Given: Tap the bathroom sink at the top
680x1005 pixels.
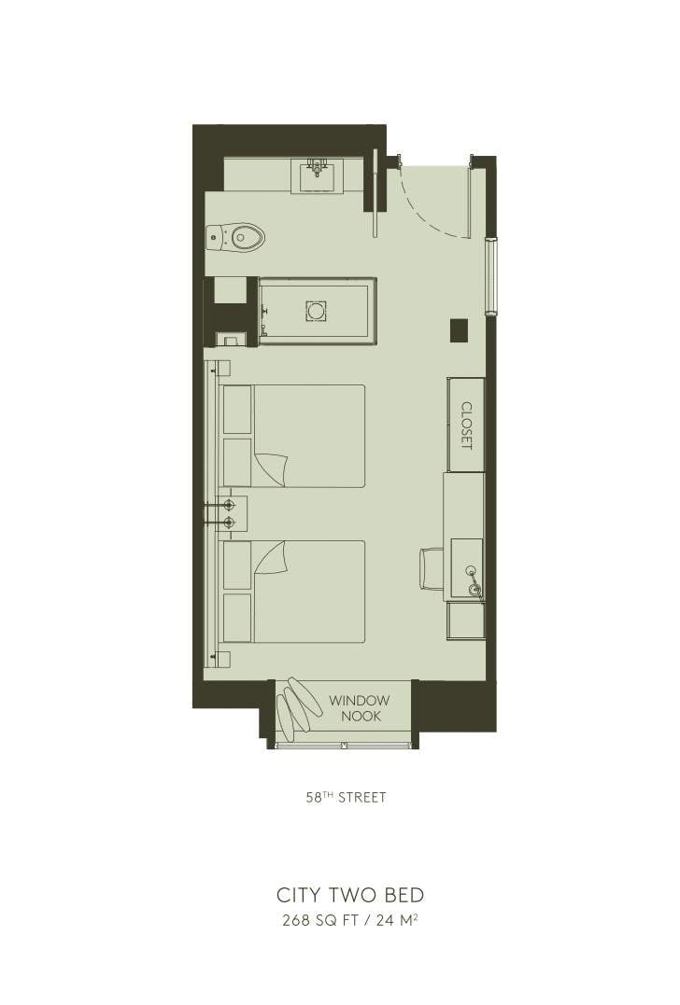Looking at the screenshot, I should coord(317,174).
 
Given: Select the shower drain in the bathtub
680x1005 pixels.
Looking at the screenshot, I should coord(316,311).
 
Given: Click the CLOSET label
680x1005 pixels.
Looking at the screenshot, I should coord(466,426).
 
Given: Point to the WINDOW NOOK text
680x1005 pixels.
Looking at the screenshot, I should coord(359,708).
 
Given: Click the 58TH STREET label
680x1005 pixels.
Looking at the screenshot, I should coord(346,798).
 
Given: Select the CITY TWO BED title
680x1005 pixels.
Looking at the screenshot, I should coord(350,895).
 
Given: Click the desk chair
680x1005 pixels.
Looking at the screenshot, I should coord(431,568).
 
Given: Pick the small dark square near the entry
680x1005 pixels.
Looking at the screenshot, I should coord(458,328).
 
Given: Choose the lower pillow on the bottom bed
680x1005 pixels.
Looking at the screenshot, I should coord(238,617).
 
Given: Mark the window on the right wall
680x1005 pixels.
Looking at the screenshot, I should coord(491,276).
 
